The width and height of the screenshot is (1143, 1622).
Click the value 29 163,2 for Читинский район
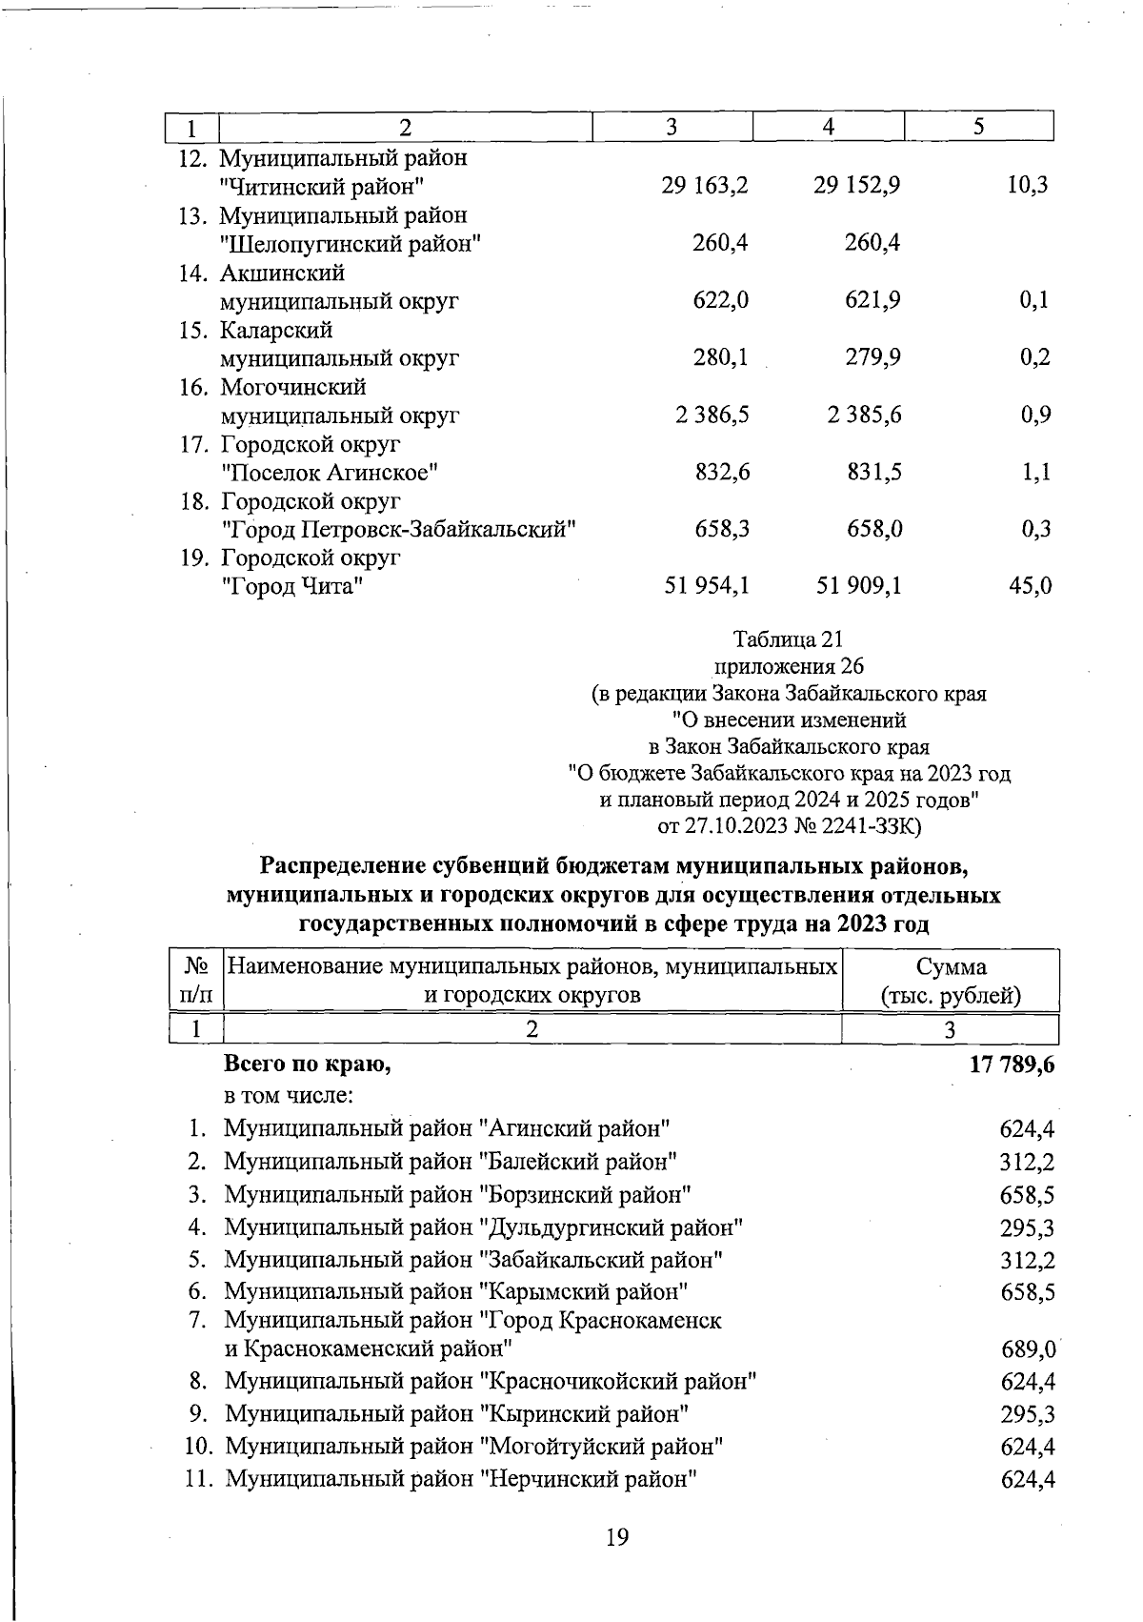705,186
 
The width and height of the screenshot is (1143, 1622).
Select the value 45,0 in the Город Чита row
1030,586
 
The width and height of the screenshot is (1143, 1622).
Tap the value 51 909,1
858,586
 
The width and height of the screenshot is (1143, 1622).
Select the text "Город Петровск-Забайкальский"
398,529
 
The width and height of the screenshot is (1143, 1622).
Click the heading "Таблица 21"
789,639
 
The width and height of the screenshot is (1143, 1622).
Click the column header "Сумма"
951,966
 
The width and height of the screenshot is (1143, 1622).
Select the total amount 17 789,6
1012,1065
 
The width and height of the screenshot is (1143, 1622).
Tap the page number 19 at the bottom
617,1536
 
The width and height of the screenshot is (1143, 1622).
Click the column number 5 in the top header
978,127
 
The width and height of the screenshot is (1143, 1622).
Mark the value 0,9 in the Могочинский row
1035,415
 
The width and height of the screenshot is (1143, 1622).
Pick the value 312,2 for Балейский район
1027,1163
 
